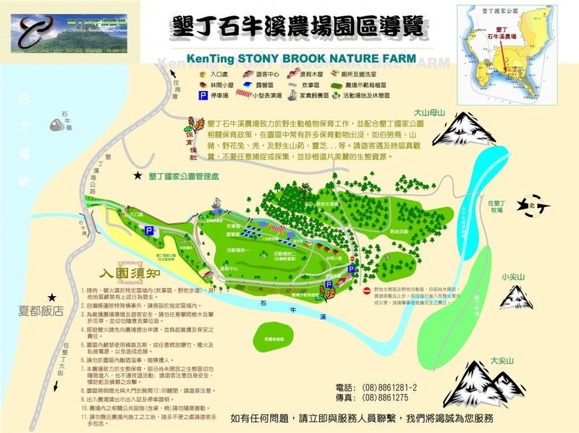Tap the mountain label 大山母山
[431, 113]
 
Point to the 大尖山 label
[503, 360]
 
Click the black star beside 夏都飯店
[51, 298]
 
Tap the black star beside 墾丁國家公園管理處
[137, 175]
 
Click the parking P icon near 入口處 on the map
[149, 230]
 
